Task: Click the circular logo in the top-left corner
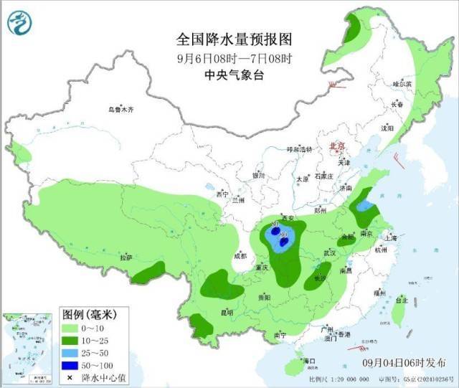point(21,23)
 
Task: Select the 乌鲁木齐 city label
point(121,110)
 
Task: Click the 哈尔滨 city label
point(403,84)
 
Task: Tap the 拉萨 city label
point(126,257)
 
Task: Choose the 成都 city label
point(240,255)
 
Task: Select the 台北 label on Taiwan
point(403,301)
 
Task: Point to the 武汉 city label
point(331,252)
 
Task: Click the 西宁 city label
point(222,194)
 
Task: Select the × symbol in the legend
point(71,377)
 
